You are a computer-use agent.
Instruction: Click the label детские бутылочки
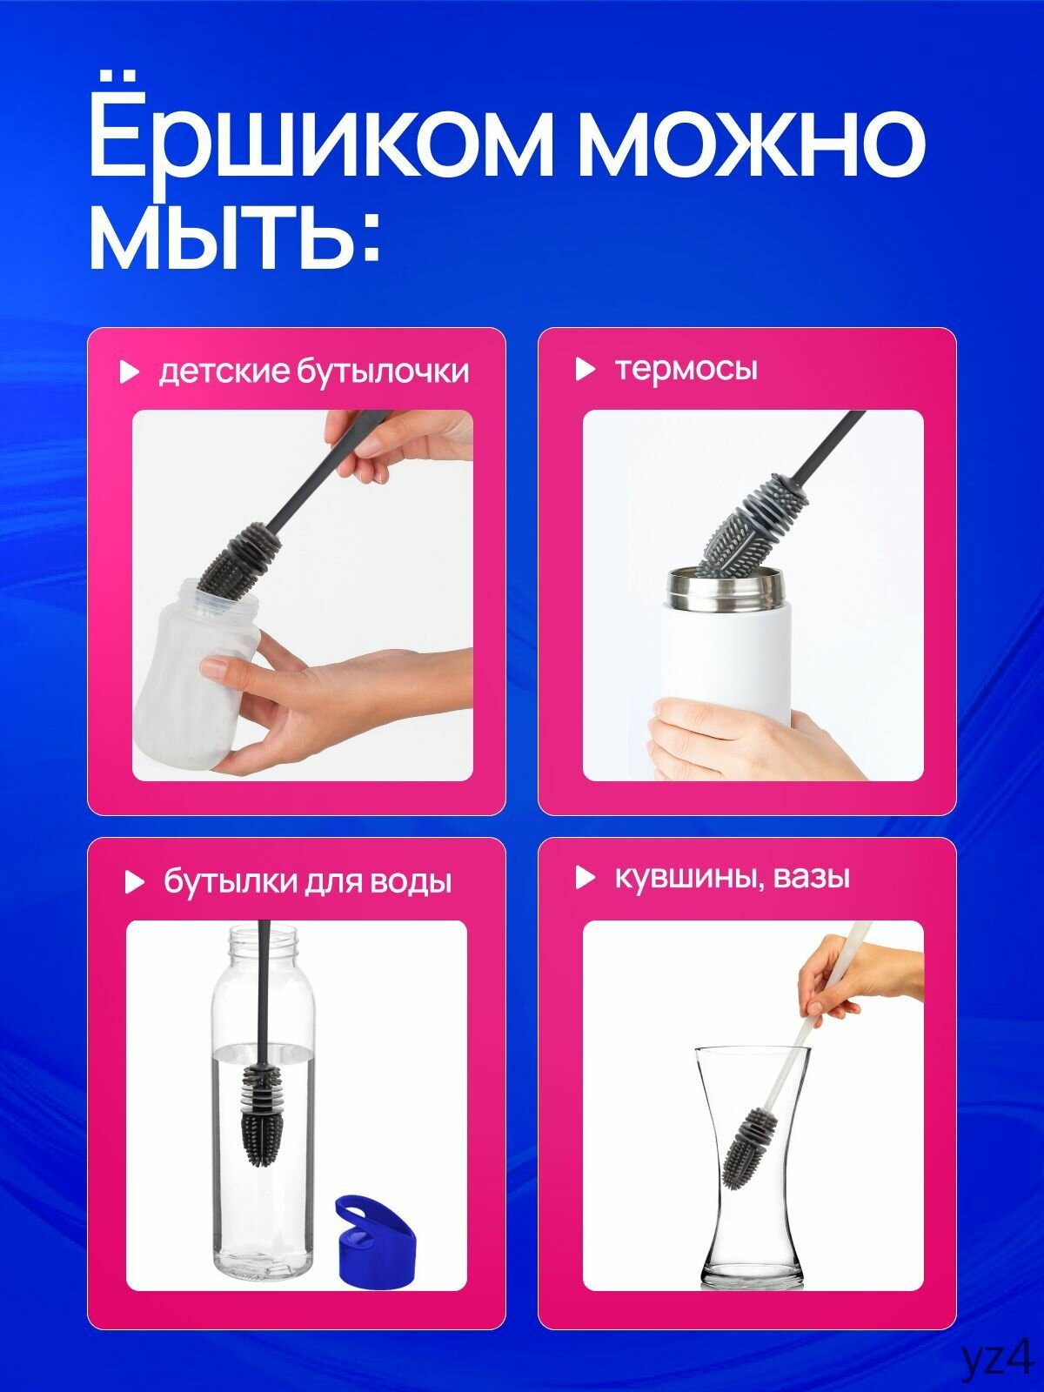(313, 371)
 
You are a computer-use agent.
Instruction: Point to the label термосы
(686, 369)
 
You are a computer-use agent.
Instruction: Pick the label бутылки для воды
(308, 882)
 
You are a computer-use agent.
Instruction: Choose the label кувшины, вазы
(733, 877)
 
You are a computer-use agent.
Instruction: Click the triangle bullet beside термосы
(586, 369)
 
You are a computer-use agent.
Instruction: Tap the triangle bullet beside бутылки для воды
(134, 882)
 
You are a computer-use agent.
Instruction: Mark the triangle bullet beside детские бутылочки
(130, 372)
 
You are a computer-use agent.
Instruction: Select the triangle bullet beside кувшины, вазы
(586, 878)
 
